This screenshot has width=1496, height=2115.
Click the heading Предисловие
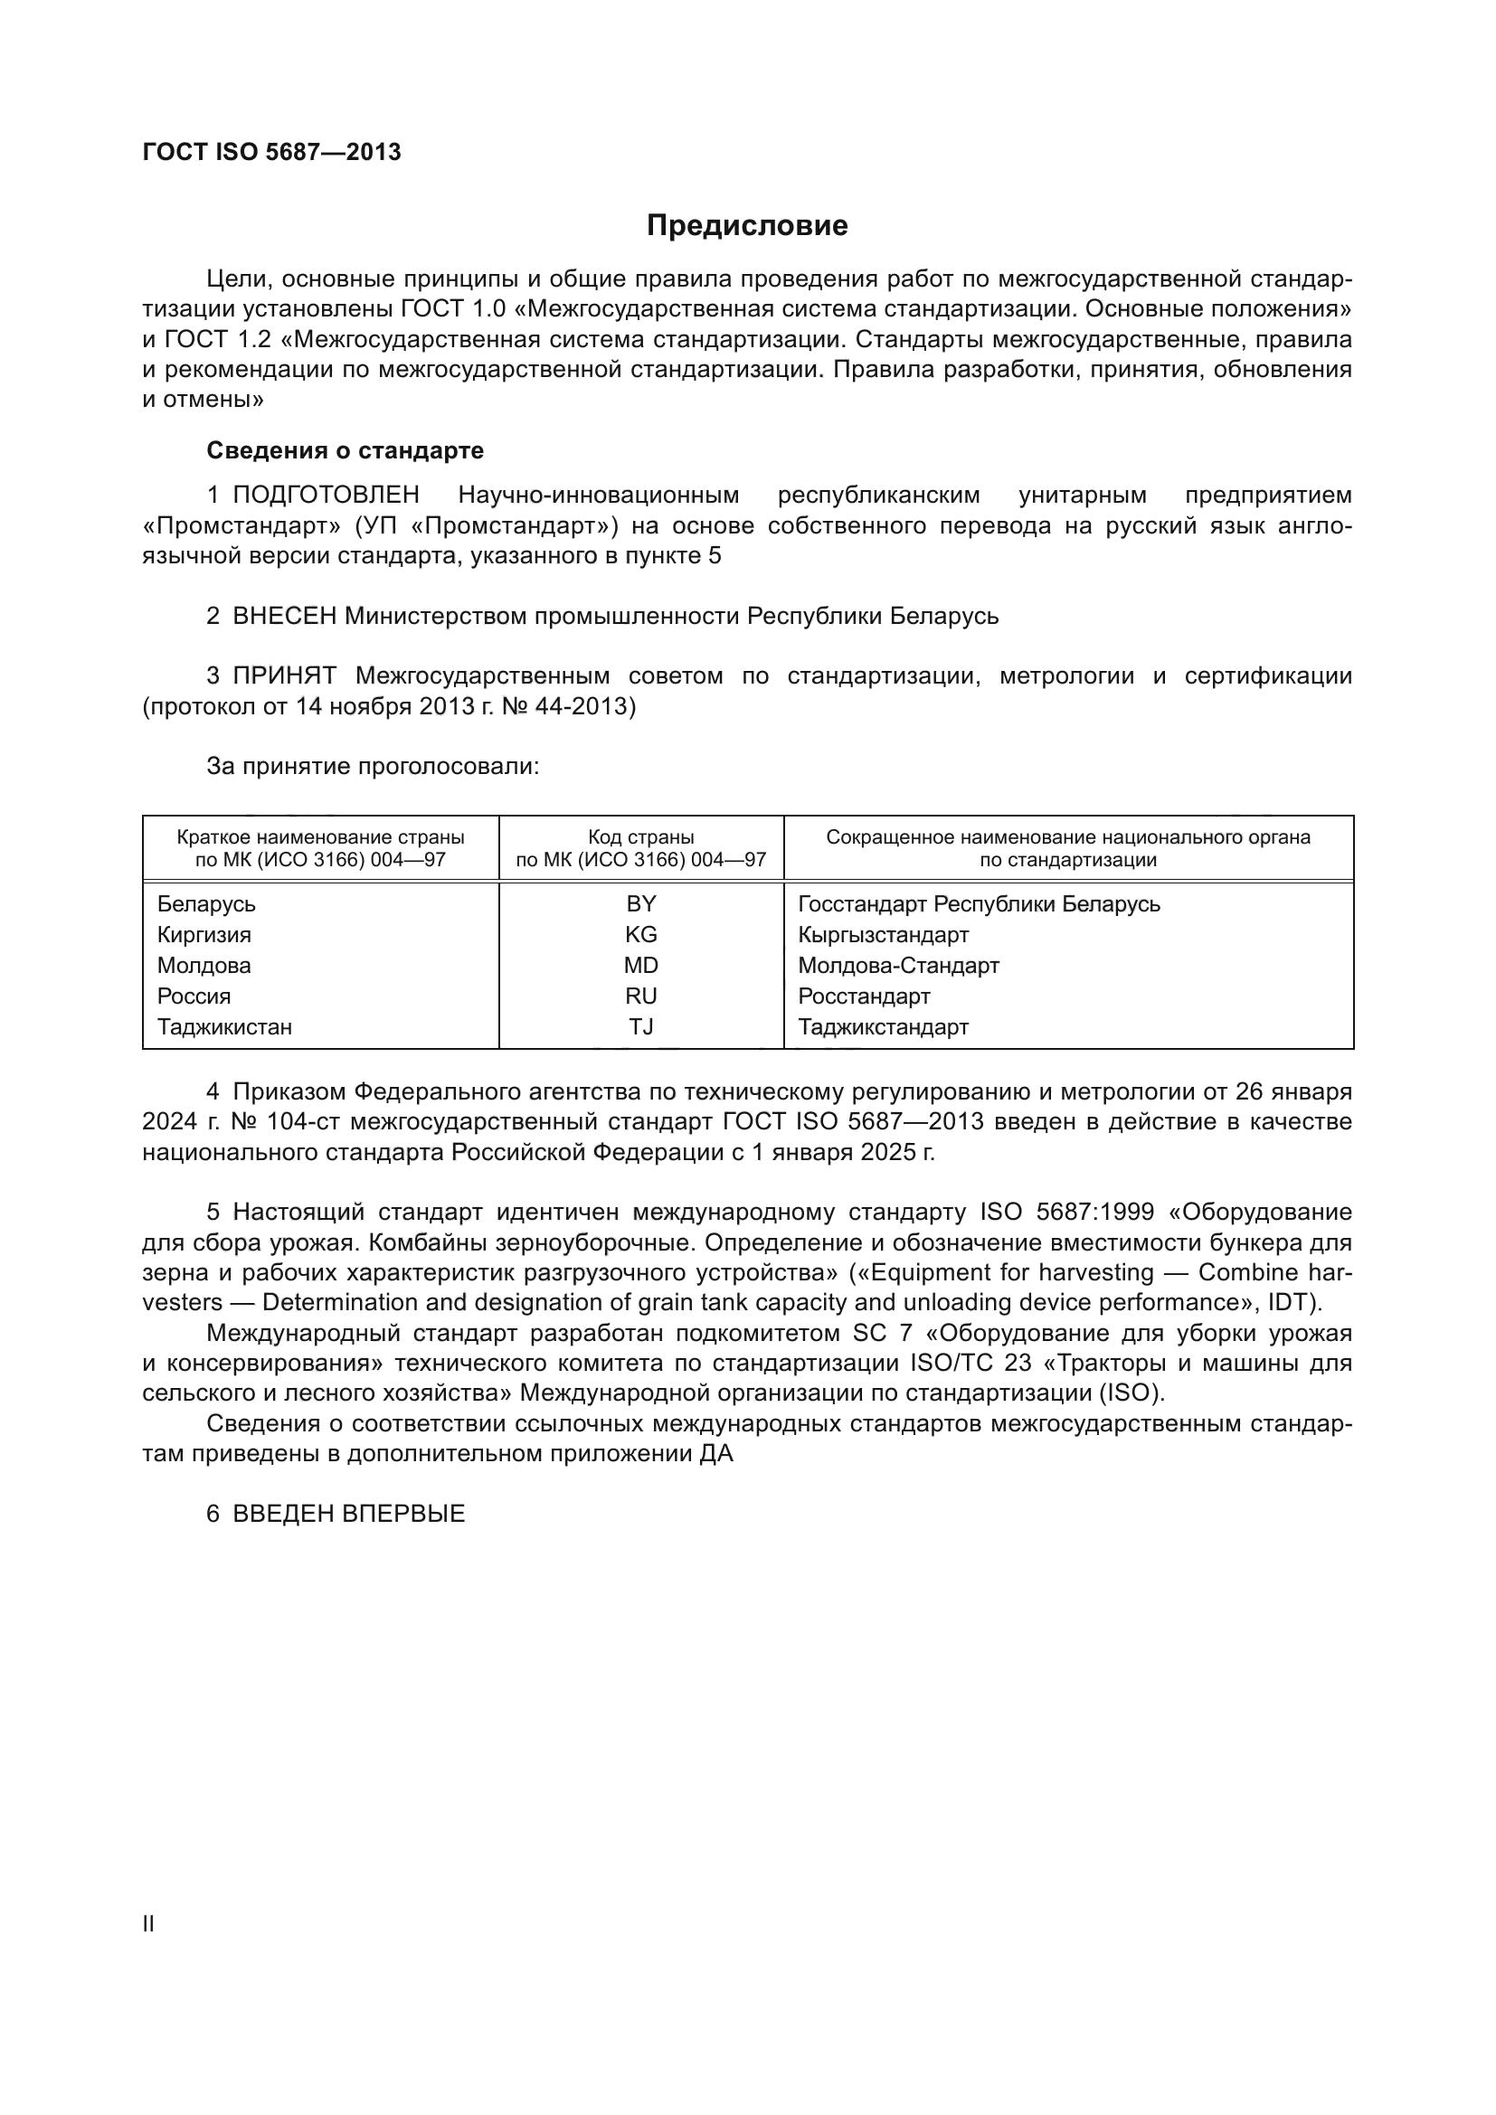coord(747,226)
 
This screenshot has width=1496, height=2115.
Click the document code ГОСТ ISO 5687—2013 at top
coord(271,153)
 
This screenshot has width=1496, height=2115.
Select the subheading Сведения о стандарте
coord(345,450)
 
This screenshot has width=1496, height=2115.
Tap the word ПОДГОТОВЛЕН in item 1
coord(327,496)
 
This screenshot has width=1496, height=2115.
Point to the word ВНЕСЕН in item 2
coord(285,617)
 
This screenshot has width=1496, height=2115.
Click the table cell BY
coord(641,903)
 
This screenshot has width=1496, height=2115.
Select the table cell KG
coord(641,935)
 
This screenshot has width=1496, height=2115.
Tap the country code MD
coord(641,966)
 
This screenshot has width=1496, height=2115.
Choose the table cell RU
coord(641,996)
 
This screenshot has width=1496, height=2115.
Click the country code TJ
coord(641,1026)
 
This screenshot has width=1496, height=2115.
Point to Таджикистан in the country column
coord(225,1026)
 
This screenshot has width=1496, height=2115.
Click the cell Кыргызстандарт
coord(884,935)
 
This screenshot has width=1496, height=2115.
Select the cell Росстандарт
coord(864,996)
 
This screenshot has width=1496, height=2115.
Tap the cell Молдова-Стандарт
coord(898,966)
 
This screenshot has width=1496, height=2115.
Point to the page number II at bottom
coord(148,1924)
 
